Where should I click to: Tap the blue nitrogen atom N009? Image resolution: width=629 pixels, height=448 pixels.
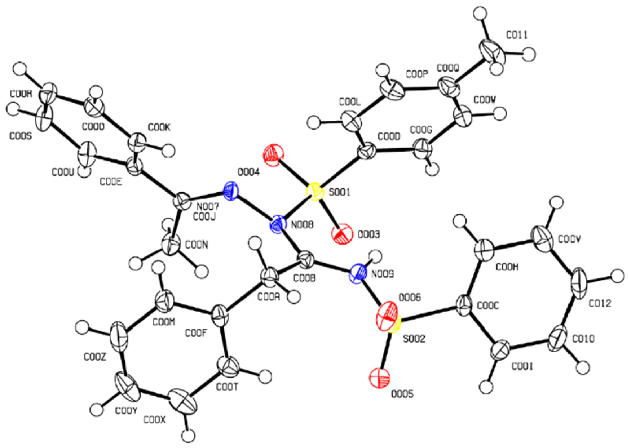[x=357, y=272]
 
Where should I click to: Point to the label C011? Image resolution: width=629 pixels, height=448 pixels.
[x=516, y=36]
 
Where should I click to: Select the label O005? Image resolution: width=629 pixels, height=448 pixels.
[x=402, y=394]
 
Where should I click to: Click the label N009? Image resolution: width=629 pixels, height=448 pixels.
[x=383, y=274]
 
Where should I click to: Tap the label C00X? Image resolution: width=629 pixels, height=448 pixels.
[x=155, y=420]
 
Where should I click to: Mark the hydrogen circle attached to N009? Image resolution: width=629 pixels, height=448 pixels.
[x=375, y=256]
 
